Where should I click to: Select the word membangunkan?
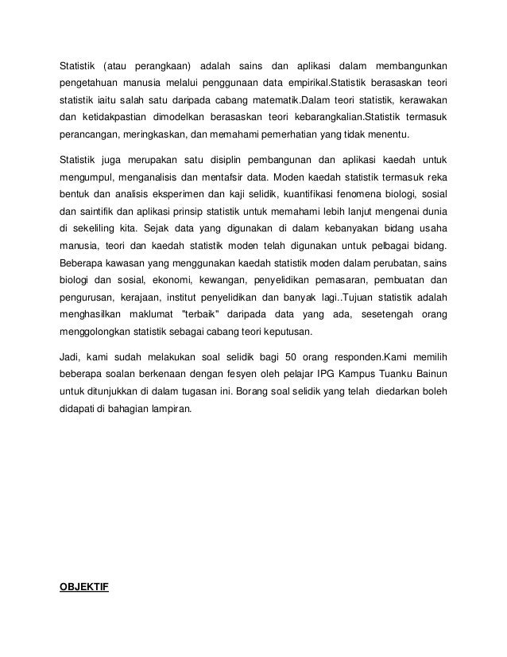(407, 64)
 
